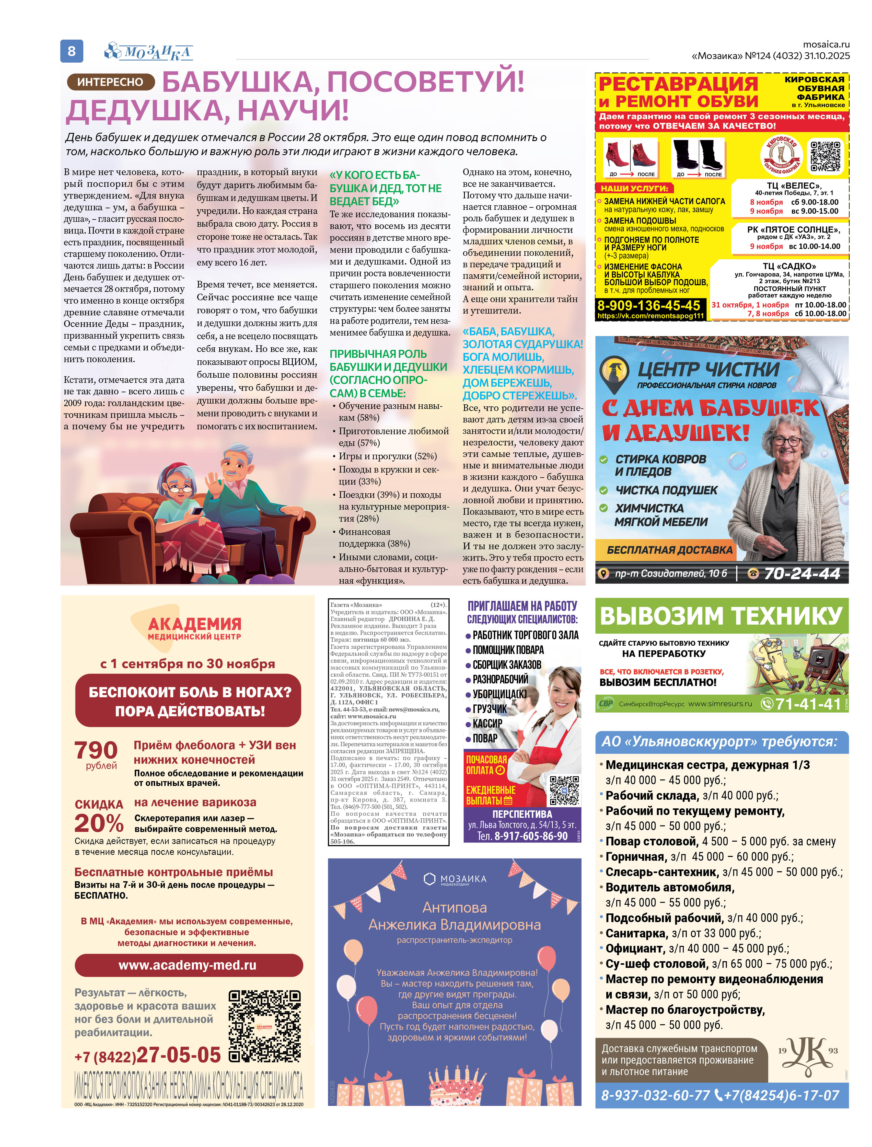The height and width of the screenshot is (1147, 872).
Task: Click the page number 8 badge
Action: [72, 51]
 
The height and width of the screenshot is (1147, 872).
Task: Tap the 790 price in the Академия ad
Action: [96, 750]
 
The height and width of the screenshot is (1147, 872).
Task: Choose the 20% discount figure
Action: [99, 823]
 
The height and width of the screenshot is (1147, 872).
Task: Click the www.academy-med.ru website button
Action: [188, 965]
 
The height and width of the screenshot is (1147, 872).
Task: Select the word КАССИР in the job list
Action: [487, 723]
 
